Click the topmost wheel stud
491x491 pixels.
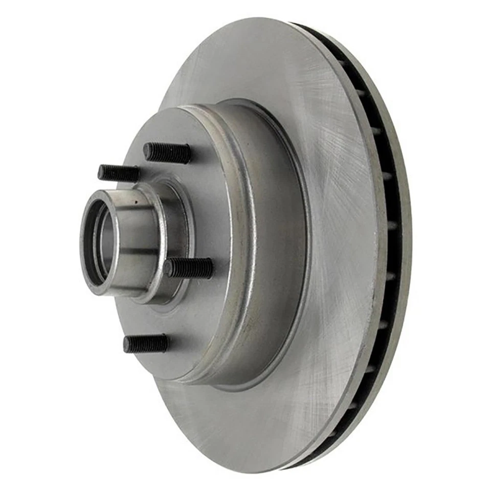pos(167,152)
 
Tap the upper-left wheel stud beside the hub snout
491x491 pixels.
pos(119,173)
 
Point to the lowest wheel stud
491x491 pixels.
pos(146,343)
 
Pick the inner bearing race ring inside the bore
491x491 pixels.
pos(97,240)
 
